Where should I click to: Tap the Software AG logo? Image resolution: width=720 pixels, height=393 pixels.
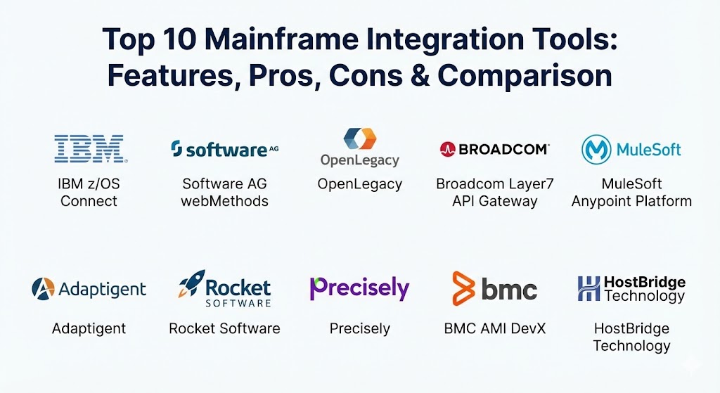[x=224, y=149]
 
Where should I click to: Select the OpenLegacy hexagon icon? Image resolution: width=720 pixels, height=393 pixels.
[x=360, y=138]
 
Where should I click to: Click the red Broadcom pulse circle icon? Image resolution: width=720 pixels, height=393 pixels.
[x=447, y=149]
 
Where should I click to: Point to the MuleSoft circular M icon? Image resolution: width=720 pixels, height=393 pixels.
[x=596, y=149]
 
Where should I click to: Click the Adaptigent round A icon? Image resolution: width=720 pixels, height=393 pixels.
[x=43, y=289]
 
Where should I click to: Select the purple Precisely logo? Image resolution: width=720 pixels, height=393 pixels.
[x=359, y=288]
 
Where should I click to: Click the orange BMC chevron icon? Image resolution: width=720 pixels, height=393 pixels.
[x=463, y=288]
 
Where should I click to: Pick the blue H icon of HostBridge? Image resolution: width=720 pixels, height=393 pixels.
[x=589, y=288]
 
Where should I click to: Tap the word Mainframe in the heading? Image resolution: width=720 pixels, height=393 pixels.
[x=281, y=39]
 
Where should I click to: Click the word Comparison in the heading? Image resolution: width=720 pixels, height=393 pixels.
[x=525, y=76]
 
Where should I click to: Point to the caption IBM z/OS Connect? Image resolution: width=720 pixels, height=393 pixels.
[x=89, y=193]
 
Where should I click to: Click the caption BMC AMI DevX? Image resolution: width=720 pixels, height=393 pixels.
[x=494, y=329]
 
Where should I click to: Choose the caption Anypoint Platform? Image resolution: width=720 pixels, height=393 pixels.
[x=631, y=202]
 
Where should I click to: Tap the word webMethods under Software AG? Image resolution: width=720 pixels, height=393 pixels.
[x=224, y=201]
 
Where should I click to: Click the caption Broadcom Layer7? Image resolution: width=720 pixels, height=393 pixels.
[x=494, y=184]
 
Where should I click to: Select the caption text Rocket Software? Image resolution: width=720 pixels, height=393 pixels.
[x=224, y=329]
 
